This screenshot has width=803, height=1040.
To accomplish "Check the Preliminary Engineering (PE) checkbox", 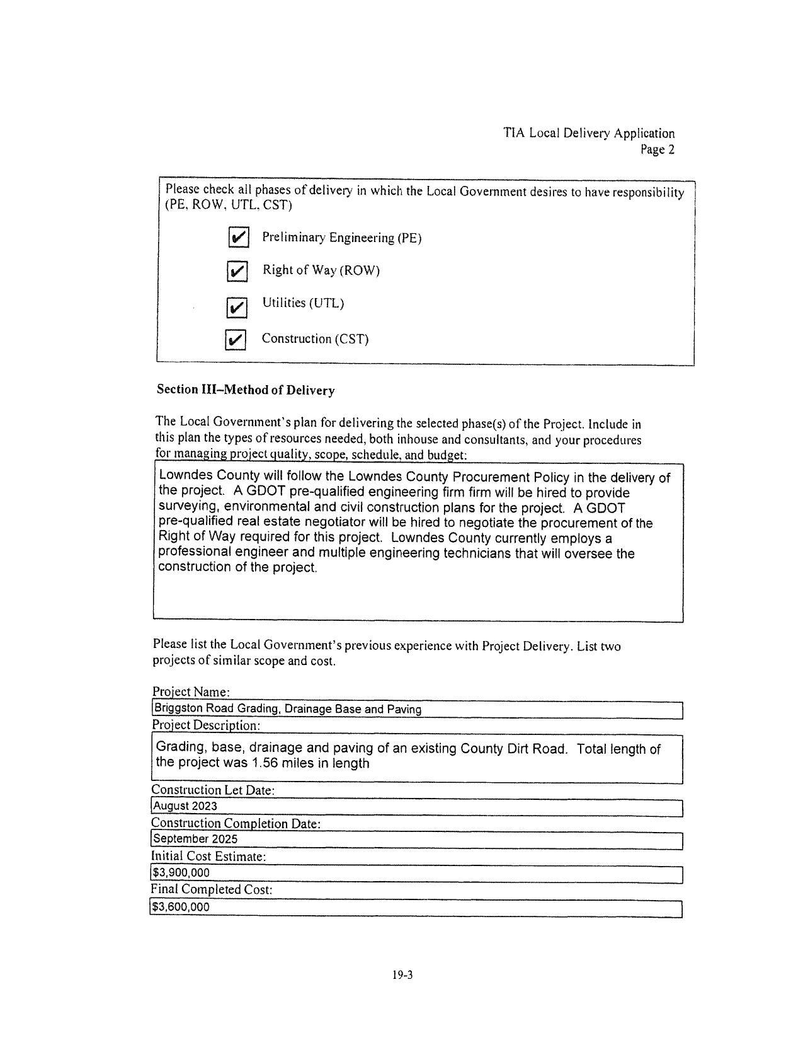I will [238, 238].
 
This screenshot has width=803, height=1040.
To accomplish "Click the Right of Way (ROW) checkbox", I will [237, 272].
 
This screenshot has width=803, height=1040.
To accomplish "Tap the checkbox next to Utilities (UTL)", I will [237, 308].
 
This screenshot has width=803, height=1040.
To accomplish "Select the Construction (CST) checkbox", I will [235, 340].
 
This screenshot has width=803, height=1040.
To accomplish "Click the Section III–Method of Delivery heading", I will [246, 390].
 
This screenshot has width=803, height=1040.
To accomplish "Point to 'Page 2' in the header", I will [657, 150].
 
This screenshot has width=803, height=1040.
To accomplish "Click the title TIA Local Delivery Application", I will [589, 134].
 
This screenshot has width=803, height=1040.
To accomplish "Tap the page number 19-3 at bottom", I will [402, 976].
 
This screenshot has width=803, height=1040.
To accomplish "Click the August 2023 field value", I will [185, 806].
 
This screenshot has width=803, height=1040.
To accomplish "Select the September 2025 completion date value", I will [196, 840].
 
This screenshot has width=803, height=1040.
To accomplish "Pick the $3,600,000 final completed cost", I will [181, 908].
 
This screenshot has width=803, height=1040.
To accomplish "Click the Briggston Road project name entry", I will [288, 710].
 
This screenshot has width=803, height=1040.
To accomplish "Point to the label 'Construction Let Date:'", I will [213, 790].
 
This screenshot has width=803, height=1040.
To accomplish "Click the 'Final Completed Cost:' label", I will [212, 890].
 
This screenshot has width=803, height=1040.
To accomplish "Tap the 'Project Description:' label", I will [206, 725].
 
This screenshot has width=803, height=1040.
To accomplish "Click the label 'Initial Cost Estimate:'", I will [208, 857].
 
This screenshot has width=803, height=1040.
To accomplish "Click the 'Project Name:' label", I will [191, 692].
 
